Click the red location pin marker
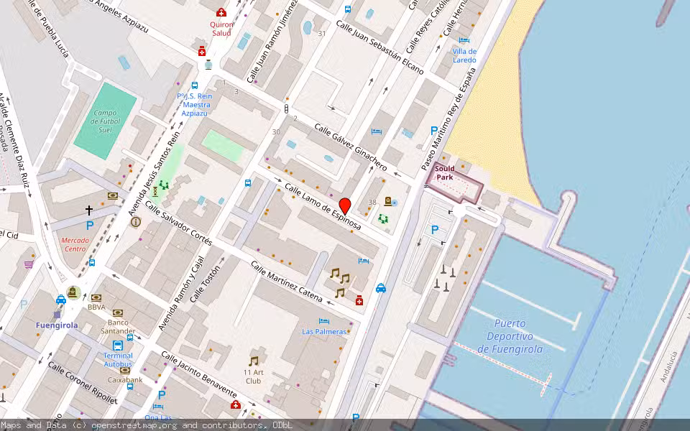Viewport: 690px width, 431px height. pos(345,205)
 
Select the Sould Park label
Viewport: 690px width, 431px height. pos(444,172)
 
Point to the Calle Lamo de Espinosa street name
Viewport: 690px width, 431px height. pos(323,207)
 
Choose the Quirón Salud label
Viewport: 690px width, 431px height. pos(221,29)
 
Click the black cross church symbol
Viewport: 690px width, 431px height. pos(89,210)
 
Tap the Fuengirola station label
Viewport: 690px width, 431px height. pos(57,325)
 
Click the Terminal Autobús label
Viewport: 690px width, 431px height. pos(118,360)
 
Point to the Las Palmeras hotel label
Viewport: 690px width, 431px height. pos(324,331)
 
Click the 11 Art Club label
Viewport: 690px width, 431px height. pos(252,376)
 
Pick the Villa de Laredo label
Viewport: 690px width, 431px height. pos(464,55)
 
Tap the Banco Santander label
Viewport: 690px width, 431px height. pos(117,326)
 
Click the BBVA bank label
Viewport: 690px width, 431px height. pos(96,307)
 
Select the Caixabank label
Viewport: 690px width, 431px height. pos(125,379)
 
